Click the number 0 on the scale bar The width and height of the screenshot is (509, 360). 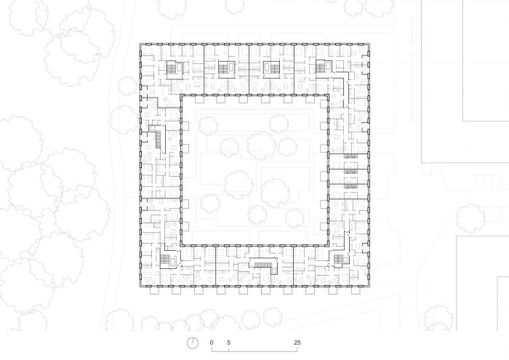click(x=212, y=343)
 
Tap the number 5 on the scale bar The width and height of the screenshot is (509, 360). click(x=228, y=343)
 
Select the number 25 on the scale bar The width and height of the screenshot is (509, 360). click(x=297, y=343)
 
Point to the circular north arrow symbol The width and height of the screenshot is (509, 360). click(x=193, y=343)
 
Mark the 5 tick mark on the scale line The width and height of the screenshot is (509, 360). click(x=228, y=351)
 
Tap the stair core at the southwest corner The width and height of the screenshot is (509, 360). click(x=167, y=260)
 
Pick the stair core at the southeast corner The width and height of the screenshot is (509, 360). click(x=341, y=260)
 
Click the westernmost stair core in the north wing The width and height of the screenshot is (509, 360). click(x=175, y=68)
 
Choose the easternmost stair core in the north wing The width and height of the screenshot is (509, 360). click(x=324, y=67)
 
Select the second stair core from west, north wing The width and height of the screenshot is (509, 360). click(x=226, y=68)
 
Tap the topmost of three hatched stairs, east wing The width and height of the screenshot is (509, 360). click(x=350, y=156)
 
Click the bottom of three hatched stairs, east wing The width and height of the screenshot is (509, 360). click(x=350, y=185)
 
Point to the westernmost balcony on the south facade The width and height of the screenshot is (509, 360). click(x=154, y=291)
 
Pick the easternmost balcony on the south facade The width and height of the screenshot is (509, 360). click(x=356, y=291)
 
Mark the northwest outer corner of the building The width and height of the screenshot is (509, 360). click(x=140, y=44)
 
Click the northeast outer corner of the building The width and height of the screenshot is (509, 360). click(x=369, y=44)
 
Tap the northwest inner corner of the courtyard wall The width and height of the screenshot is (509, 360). click(x=180, y=95)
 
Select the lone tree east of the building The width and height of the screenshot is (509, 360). click(x=470, y=218)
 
